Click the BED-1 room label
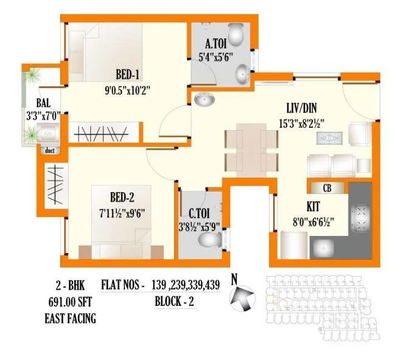128,75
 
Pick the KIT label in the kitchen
319,206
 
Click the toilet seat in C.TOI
211,241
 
